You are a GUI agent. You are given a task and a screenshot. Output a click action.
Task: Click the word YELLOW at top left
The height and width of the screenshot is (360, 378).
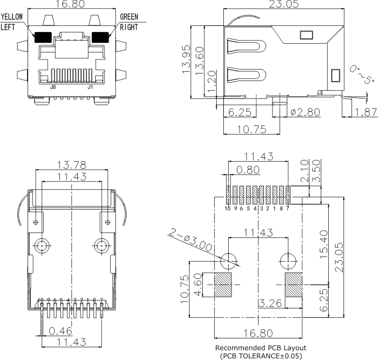[12, 17]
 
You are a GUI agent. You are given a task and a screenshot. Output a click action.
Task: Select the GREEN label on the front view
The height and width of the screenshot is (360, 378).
[130, 17]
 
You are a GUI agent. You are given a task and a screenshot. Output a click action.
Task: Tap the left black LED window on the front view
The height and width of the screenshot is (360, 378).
[42, 37]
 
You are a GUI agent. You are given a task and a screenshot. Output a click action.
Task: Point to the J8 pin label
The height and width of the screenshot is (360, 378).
[53, 86]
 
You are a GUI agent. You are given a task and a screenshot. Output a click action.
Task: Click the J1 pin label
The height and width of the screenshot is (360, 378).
[90, 86]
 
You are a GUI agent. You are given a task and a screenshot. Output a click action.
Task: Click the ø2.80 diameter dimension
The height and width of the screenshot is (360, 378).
[305, 112]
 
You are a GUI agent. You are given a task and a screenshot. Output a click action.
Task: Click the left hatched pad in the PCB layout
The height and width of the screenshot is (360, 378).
[223, 284]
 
